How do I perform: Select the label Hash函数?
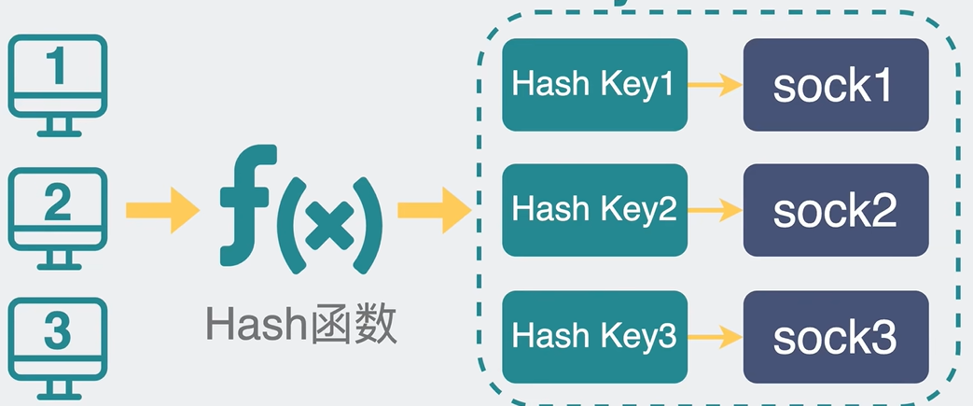pos(301,326)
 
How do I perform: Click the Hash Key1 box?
pos(593,85)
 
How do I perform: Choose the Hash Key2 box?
pos(593,210)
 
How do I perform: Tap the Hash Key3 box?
pos(593,335)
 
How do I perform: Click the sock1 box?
pos(835,85)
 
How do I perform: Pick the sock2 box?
pos(835,210)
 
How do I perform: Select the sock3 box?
pos(835,335)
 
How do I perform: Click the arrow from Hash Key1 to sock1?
pos(715,86)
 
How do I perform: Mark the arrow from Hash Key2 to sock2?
pos(715,211)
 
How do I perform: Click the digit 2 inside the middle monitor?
pos(57,202)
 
